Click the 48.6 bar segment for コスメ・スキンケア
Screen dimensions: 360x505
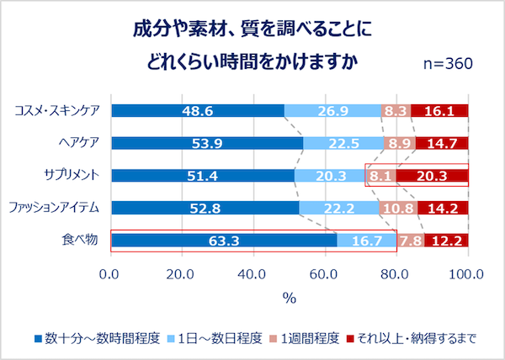(198, 110)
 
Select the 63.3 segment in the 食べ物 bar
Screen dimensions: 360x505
(224, 241)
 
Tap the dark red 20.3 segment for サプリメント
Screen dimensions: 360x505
(432, 176)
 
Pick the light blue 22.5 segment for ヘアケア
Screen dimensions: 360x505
(343, 143)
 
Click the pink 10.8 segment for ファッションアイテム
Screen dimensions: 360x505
(397, 209)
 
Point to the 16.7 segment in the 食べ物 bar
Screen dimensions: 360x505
(366, 241)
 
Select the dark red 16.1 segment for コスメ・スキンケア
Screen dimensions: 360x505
(439, 110)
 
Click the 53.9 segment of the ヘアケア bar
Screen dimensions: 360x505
(207, 143)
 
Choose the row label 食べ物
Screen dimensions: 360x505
(81, 241)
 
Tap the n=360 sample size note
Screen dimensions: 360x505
(446, 64)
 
